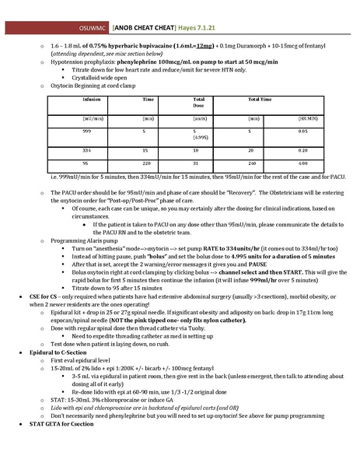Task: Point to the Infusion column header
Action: pos(93,100)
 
